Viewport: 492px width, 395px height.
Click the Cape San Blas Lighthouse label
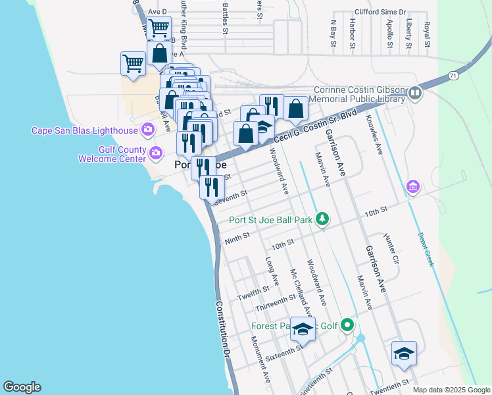click(x=82, y=130)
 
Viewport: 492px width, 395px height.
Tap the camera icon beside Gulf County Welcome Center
click(x=156, y=153)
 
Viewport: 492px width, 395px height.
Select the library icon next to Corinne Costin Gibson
click(x=414, y=93)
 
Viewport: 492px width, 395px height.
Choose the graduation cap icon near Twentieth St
click(x=404, y=353)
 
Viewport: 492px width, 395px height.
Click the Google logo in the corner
click(x=22, y=387)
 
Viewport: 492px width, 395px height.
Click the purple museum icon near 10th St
click(x=413, y=187)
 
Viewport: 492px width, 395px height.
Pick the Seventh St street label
click(x=230, y=197)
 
